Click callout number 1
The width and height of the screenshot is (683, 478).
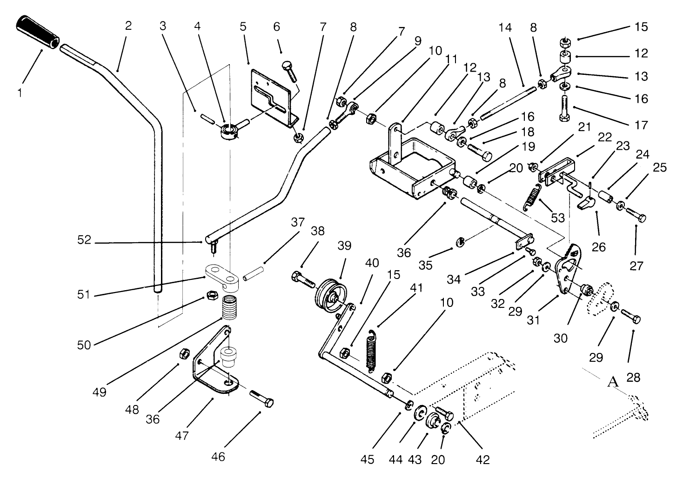pos(20,93)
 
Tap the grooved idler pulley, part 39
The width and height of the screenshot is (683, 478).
pos(331,297)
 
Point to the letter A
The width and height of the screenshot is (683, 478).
pos(613,382)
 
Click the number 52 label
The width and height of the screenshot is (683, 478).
pos(86,241)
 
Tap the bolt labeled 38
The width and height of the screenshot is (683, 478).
pos(302,279)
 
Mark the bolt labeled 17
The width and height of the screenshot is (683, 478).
pos(564,106)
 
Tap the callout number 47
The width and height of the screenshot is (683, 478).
pos(182,436)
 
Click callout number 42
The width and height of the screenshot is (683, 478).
pos(483,459)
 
